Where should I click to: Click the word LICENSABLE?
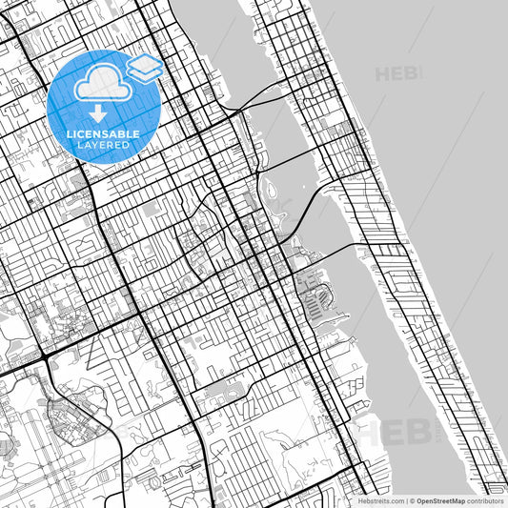point(103,134)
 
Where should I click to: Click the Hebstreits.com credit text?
point(380,500)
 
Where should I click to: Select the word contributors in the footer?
point(485,500)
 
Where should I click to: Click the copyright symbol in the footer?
point(412,500)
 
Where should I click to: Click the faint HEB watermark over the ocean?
point(398,73)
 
